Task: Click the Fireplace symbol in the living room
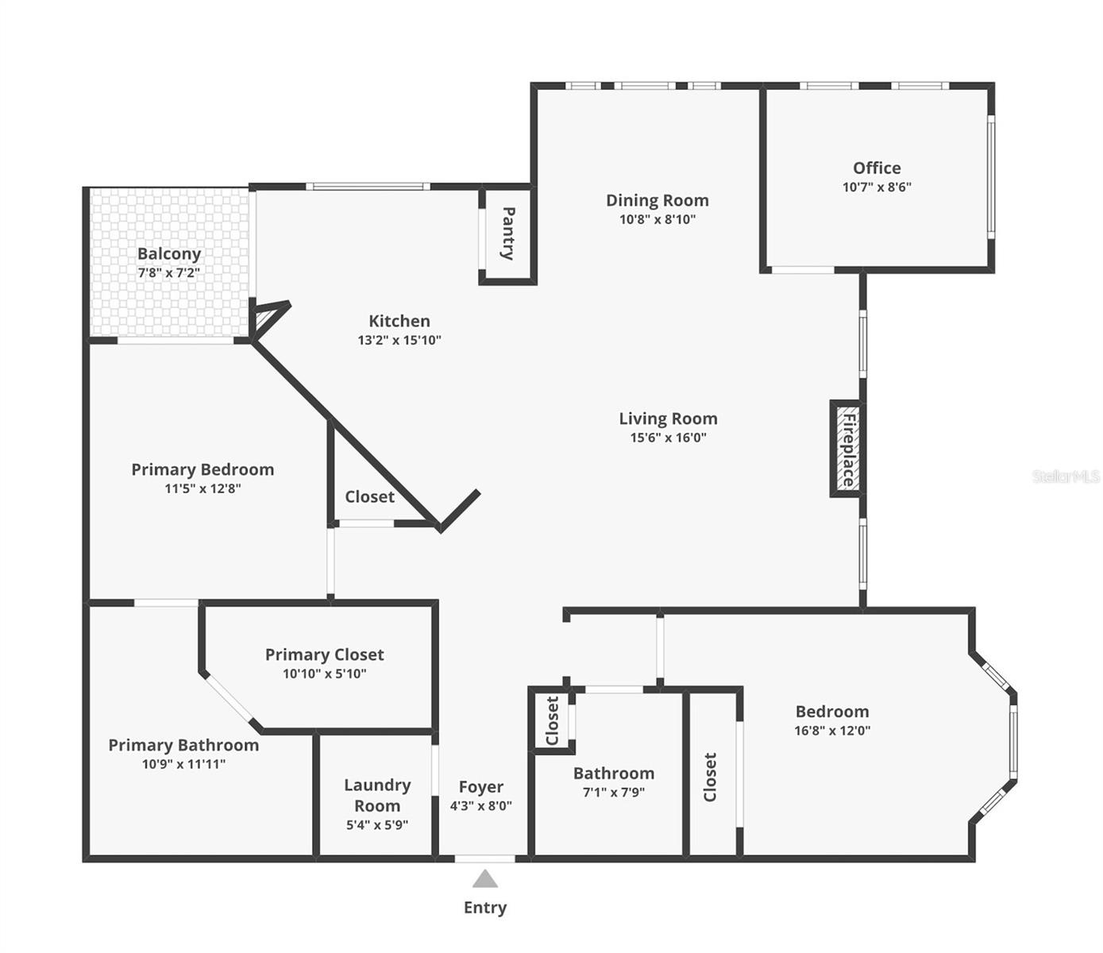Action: (x=847, y=449)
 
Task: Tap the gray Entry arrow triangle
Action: (x=485, y=879)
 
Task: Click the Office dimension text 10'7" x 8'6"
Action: (x=877, y=187)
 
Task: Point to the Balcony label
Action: (x=169, y=254)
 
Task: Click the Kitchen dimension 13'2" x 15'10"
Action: (x=399, y=341)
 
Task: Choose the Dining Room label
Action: (x=657, y=201)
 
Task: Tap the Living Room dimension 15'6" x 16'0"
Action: (x=668, y=438)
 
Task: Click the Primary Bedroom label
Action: (x=202, y=469)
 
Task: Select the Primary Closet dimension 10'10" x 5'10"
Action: (x=324, y=674)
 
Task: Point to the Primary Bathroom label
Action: (x=183, y=745)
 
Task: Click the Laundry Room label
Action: (x=377, y=795)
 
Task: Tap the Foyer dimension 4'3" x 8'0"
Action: (x=480, y=806)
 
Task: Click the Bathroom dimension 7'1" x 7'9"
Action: (x=613, y=793)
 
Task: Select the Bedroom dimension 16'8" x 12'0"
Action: (x=832, y=731)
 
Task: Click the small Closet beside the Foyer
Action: (x=553, y=721)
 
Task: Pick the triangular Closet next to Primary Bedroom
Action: (x=369, y=497)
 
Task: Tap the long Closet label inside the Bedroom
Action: (x=710, y=777)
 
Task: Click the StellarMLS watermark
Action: (x=1066, y=476)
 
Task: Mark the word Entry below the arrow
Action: (x=485, y=908)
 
